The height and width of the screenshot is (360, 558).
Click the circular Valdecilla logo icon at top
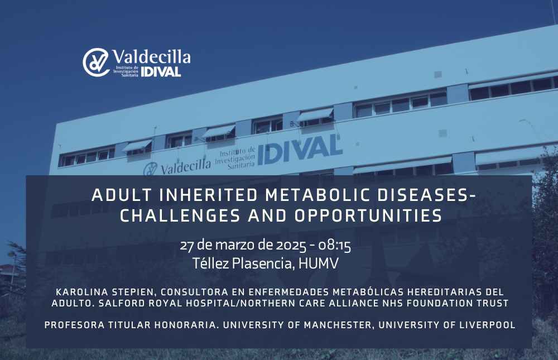tap(96, 63)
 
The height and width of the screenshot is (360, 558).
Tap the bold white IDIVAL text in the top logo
tap(161, 72)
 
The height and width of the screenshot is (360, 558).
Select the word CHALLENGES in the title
tap(180, 216)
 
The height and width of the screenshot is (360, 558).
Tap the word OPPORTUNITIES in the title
tap(368, 216)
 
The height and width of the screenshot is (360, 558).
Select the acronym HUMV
tap(318, 263)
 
